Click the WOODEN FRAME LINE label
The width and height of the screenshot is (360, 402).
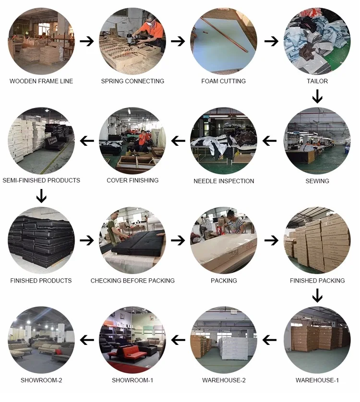pos(41,81)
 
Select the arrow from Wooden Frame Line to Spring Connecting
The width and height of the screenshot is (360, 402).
pos(87,41)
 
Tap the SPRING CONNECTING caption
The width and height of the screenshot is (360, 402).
pos(132,81)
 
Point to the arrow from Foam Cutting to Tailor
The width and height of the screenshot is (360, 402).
pos(271,41)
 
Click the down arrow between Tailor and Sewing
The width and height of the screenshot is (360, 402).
pos(317,97)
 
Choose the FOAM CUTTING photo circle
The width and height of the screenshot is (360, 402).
pos(223,41)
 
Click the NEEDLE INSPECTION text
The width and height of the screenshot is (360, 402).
pos(224,181)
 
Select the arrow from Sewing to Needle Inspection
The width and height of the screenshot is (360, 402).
pos(270,141)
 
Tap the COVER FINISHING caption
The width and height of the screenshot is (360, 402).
pos(132,180)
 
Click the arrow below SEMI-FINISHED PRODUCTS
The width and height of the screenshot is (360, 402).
pos(41,196)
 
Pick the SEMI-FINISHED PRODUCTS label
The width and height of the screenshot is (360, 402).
pos(41,180)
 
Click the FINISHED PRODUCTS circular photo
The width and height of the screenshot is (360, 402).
pos(41,240)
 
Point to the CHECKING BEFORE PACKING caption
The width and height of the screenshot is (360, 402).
pos(132,280)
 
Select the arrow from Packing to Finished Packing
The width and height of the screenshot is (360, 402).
pos(271,240)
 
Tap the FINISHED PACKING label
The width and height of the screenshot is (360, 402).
pos(317,280)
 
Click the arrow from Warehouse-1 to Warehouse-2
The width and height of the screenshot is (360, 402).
pos(270,340)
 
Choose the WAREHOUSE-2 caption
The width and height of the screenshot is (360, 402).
pos(224,380)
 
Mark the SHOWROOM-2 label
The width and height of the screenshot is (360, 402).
pos(41,380)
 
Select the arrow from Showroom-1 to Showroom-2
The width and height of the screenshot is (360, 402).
pos(87,340)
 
